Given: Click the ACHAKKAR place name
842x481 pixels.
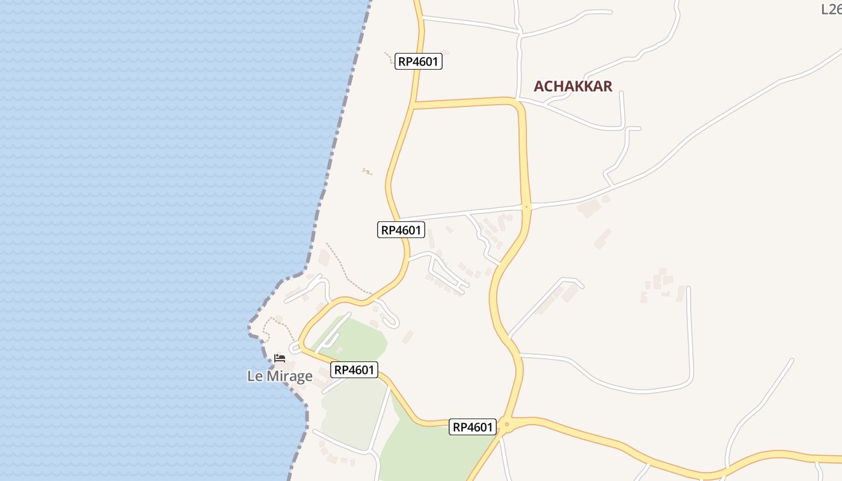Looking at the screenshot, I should point(573,87).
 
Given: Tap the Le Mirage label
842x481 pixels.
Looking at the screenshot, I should point(280,376).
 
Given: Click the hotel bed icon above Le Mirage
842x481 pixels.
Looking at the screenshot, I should point(280,358).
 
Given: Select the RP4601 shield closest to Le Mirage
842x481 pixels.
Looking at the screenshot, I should point(355,370).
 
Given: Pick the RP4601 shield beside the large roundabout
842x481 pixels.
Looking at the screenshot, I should point(473,427).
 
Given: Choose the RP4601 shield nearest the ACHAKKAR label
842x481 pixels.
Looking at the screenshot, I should point(419,61).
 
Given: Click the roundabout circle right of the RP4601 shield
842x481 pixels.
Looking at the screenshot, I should point(506,424).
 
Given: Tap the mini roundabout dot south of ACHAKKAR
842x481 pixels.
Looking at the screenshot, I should point(527,207).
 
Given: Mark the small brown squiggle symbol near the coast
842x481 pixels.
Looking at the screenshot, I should point(367,172).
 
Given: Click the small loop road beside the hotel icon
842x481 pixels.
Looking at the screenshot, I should point(295,348).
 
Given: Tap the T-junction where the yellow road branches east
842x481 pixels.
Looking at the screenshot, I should point(414,106).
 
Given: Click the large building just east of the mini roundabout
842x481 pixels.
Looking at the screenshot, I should point(589,209).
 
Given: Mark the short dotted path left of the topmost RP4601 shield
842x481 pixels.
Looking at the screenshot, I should point(389,58).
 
